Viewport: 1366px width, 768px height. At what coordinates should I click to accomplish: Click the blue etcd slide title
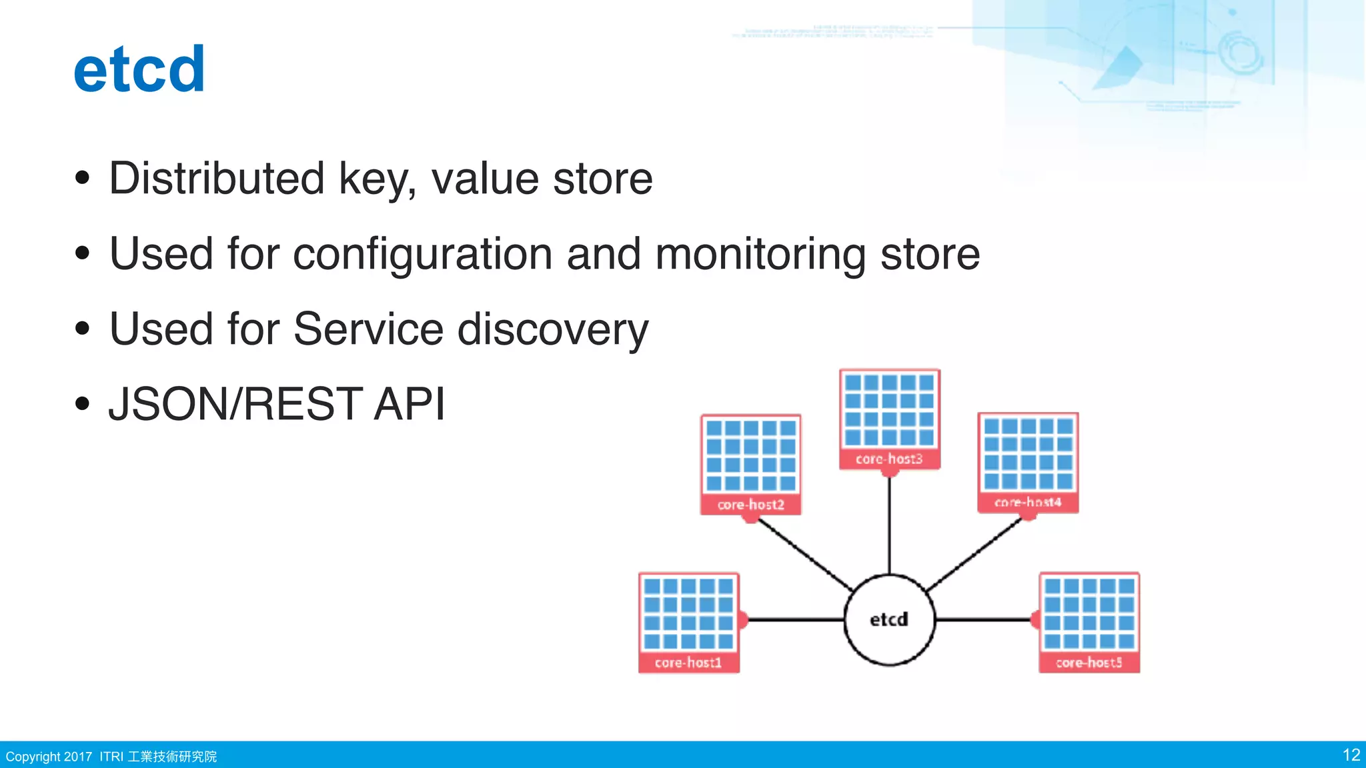click(x=139, y=69)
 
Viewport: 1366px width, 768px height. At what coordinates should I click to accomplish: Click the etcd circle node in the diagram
click(x=889, y=619)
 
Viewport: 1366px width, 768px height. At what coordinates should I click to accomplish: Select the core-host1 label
click(x=688, y=663)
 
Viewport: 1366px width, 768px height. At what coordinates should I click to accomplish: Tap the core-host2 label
click(x=750, y=505)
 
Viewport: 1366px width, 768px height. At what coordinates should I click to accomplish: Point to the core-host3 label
click(x=889, y=459)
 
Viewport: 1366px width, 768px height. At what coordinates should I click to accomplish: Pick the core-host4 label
click(x=1028, y=502)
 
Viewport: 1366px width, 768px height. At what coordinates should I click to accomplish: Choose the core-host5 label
click(x=1089, y=663)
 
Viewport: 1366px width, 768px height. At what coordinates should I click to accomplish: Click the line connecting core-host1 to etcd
click(x=794, y=619)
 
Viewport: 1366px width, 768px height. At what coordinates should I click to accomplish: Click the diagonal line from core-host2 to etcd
click(x=804, y=553)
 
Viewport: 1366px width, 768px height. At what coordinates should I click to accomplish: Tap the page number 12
click(x=1351, y=755)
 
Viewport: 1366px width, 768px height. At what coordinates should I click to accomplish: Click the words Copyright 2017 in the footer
click(x=49, y=757)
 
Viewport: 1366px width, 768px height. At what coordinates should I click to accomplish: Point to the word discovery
click(x=553, y=329)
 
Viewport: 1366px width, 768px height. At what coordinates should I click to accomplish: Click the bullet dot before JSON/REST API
click(x=82, y=403)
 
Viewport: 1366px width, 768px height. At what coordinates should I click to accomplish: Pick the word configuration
click(x=423, y=254)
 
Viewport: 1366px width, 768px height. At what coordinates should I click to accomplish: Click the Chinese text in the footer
click(x=172, y=757)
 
